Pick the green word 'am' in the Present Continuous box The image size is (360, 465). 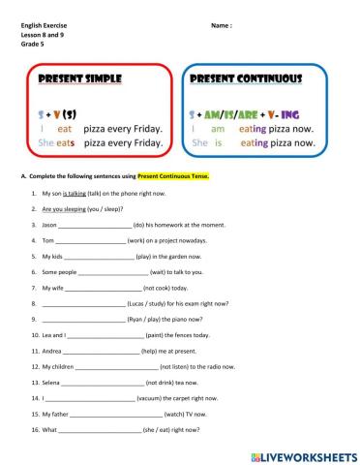click(217, 127)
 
